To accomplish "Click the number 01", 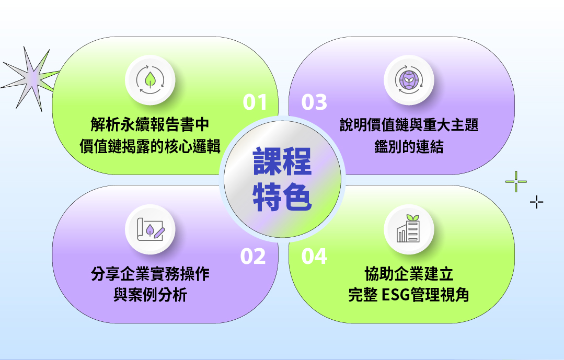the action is pyautogui.click(x=255, y=102).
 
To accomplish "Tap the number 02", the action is pyautogui.click(x=253, y=257).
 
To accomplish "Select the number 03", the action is pyautogui.click(x=314, y=102).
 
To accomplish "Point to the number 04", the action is pyautogui.click(x=314, y=257).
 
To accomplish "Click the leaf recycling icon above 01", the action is pyautogui.click(x=150, y=80).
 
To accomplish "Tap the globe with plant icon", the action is pyautogui.click(x=409, y=80).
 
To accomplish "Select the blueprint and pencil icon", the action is pyautogui.click(x=151, y=229).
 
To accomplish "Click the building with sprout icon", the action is pyautogui.click(x=408, y=228).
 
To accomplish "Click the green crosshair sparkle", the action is pyautogui.click(x=516, y=181).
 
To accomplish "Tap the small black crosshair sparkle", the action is pyautogui.click(x=536, y=203).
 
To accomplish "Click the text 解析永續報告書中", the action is pyautogui.click(x=150, y=125).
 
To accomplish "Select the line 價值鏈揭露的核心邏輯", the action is pyautogui.click(x=150, y=146).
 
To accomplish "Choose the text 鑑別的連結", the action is pyautogui.click(x=409, y=146).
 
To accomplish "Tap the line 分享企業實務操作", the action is pyautogui.click(x=150, y=274).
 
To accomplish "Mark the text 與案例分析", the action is pyautogui.click(x=150, y=295).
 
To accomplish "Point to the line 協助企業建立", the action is pyautogui.click(x=409, y=274).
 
